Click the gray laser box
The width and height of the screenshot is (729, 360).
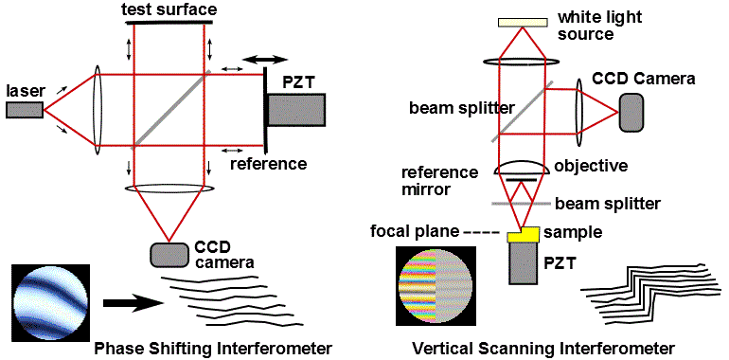pos(26,110)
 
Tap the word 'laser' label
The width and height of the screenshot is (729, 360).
pos(25,93)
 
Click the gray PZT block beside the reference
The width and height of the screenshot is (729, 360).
pos(296,110)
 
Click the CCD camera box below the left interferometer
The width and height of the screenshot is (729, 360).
pos(169,255)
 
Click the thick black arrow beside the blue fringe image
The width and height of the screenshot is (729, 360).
pos(133,303)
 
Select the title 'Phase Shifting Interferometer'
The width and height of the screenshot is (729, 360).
pos(213,348)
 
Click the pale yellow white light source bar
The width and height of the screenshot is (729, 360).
pos(523,22)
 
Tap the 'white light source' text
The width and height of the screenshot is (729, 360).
pos(599,26)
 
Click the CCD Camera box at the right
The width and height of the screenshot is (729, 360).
pos(631,113)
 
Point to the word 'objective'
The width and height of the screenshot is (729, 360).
pos(591,165)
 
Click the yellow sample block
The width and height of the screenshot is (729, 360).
pos(524,234)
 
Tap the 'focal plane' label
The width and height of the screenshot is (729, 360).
pos(415,231)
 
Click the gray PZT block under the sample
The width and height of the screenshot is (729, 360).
pos(524,263)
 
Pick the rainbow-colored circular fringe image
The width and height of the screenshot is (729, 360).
pos(435,286)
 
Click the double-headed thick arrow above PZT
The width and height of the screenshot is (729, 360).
pos(265,60)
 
